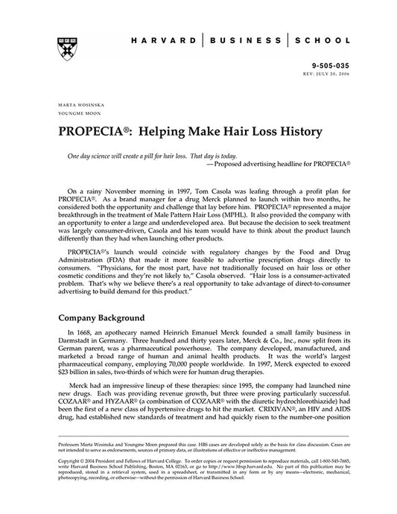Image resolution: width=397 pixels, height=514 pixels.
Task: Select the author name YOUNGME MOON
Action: point(75,112)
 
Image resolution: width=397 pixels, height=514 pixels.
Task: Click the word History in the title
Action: point(296,131)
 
